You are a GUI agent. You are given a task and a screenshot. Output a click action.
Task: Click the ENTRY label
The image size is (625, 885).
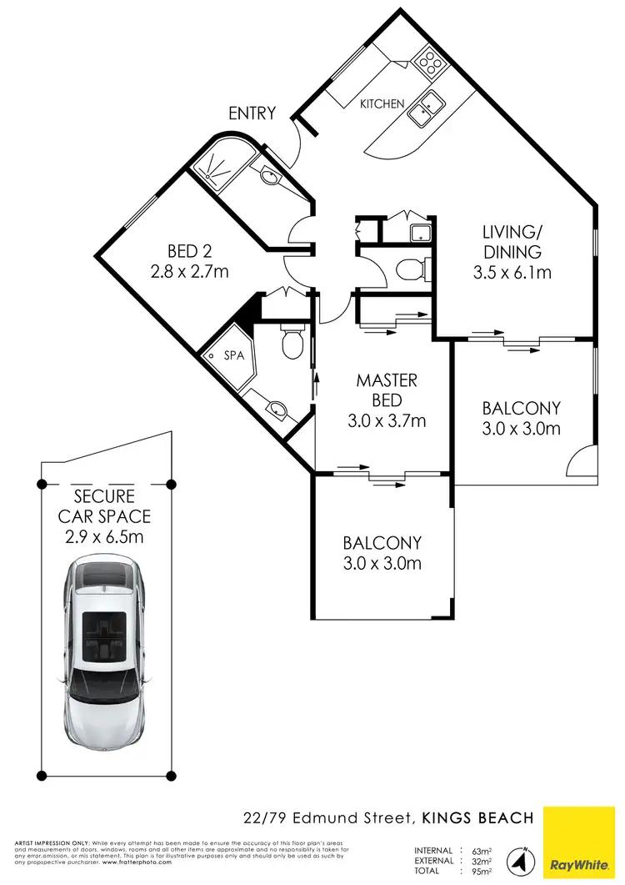252,113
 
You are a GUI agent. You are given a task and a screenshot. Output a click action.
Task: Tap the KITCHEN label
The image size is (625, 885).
382,104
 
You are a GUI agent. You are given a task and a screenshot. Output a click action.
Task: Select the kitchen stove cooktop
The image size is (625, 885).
430,60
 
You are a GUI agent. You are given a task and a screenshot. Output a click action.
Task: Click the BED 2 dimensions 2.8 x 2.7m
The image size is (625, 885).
188,270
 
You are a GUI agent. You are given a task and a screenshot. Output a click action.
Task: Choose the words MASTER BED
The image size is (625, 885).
386,390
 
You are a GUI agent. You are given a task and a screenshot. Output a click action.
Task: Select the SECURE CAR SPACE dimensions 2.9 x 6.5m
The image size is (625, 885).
104,536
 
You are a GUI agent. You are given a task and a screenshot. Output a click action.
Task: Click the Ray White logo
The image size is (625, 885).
583,845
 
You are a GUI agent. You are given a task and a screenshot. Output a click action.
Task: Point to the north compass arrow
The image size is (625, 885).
523,858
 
